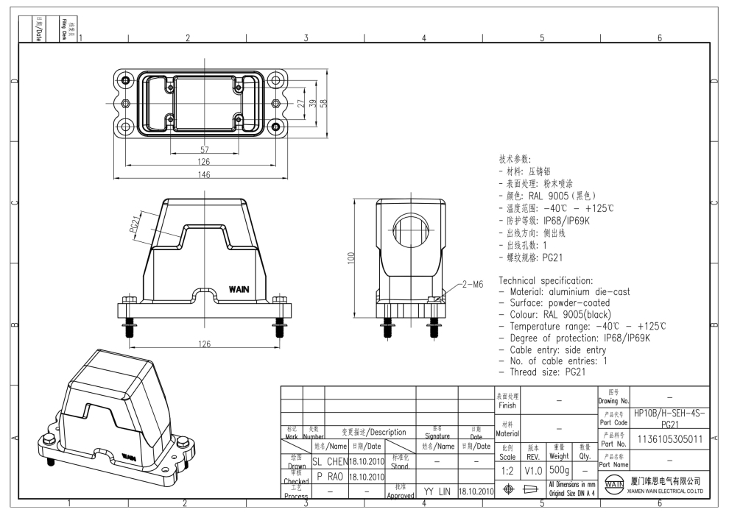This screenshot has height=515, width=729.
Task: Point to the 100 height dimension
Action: coord(351,257)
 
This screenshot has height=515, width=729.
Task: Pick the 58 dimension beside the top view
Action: coord(323,104)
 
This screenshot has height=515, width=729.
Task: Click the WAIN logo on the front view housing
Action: coord(240,288)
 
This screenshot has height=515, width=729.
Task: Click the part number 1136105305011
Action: coord(669,439)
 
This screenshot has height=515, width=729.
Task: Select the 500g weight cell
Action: coord(559,469)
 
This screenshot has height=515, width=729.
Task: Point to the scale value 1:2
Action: coord(507,469)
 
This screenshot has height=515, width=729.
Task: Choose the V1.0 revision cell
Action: coord(533,469)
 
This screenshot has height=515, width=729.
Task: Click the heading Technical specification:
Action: coord(546,280)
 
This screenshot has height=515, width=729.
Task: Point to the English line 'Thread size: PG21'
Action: coord(545,372)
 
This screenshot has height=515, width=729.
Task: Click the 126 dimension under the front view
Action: coord(204,343)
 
